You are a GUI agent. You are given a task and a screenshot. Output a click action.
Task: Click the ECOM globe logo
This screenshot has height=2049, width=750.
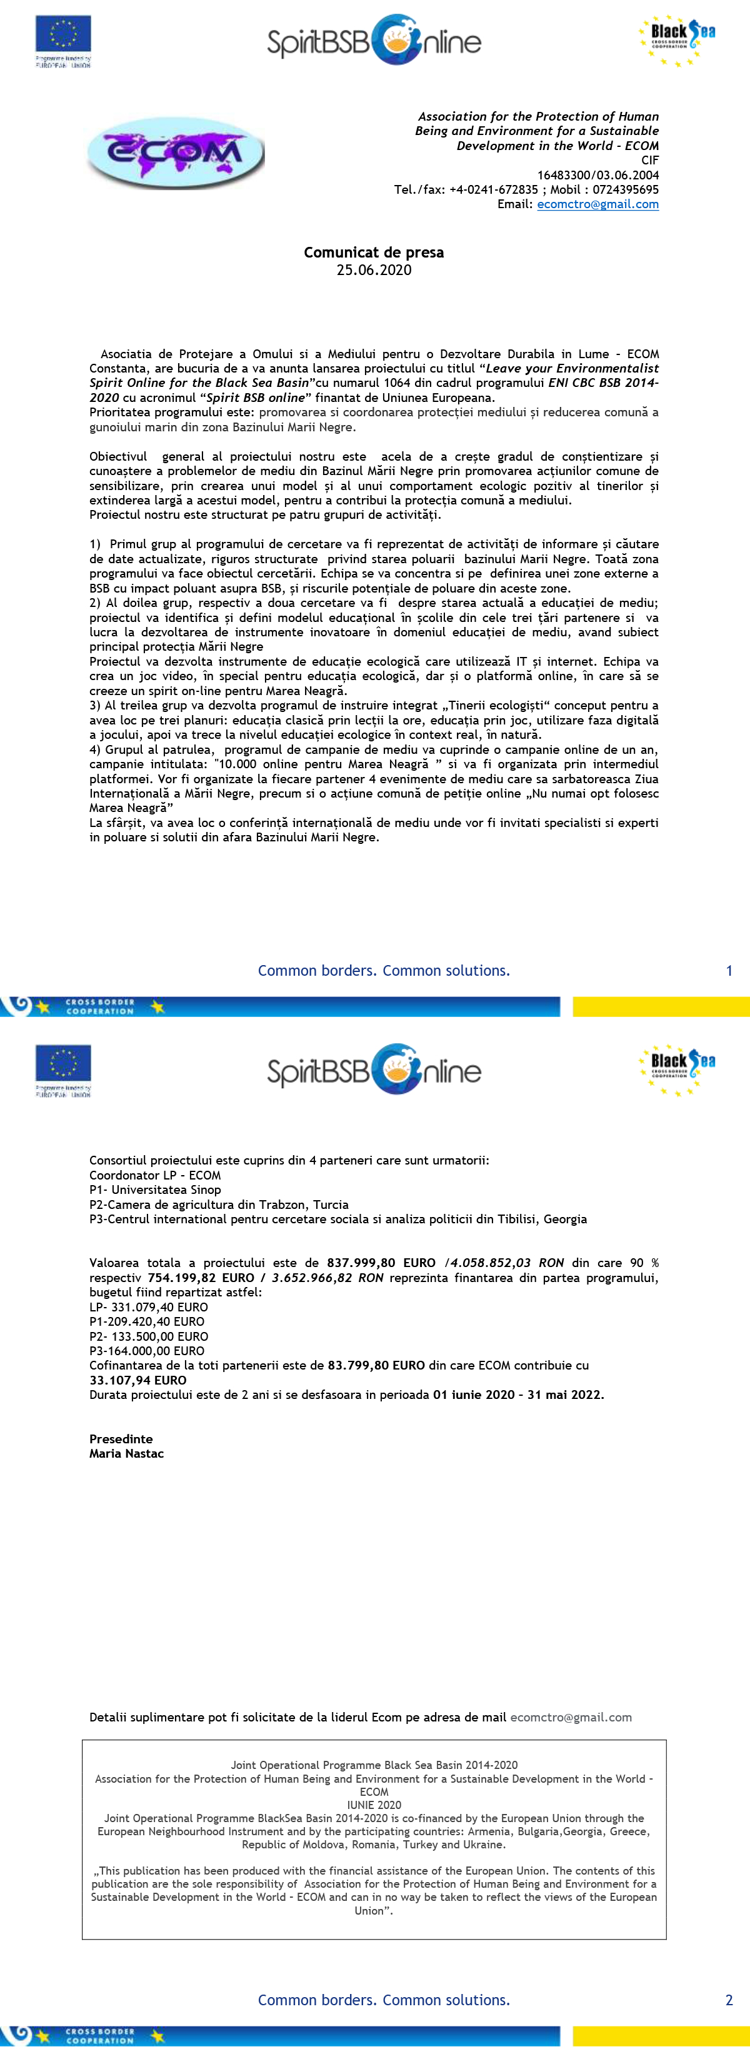click(x=175, y=153)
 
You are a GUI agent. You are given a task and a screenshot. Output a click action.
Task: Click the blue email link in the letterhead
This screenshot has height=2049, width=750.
click(x=597, y=204)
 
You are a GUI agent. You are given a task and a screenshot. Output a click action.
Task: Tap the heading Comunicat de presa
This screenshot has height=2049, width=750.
click(x=374, y=252)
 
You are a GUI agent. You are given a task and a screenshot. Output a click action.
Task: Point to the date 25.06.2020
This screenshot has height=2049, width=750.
click(x=374, y=269)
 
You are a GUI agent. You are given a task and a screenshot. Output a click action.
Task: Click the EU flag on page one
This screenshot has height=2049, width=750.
click(x=63, y=35)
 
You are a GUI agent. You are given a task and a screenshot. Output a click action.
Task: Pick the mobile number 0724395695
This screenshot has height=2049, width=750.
click(x=625, y=189)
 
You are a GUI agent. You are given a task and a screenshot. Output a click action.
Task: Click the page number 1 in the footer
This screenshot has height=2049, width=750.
click(x=729, y=970)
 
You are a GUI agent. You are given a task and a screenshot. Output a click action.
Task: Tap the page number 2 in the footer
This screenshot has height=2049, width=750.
click(x=729, y=2000)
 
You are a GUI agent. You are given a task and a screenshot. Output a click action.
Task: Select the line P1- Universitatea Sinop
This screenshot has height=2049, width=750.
click(x=155, y=1190)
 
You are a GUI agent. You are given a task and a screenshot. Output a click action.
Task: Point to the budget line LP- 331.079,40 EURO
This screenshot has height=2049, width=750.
click(x=149, y=1307)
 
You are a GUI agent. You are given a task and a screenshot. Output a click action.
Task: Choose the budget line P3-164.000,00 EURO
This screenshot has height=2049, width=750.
click(x=147, y=1351)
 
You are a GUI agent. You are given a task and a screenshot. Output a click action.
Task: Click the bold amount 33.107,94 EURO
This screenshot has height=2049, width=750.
click(x=137, y=1380)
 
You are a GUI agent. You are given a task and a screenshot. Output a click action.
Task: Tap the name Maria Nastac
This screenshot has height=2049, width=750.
click(x=126, y=1453)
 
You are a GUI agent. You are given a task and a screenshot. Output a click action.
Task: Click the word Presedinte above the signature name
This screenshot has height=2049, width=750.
click(x=121, y=1439)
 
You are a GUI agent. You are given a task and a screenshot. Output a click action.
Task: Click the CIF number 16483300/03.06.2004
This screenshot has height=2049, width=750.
click(x=597, y=175)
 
